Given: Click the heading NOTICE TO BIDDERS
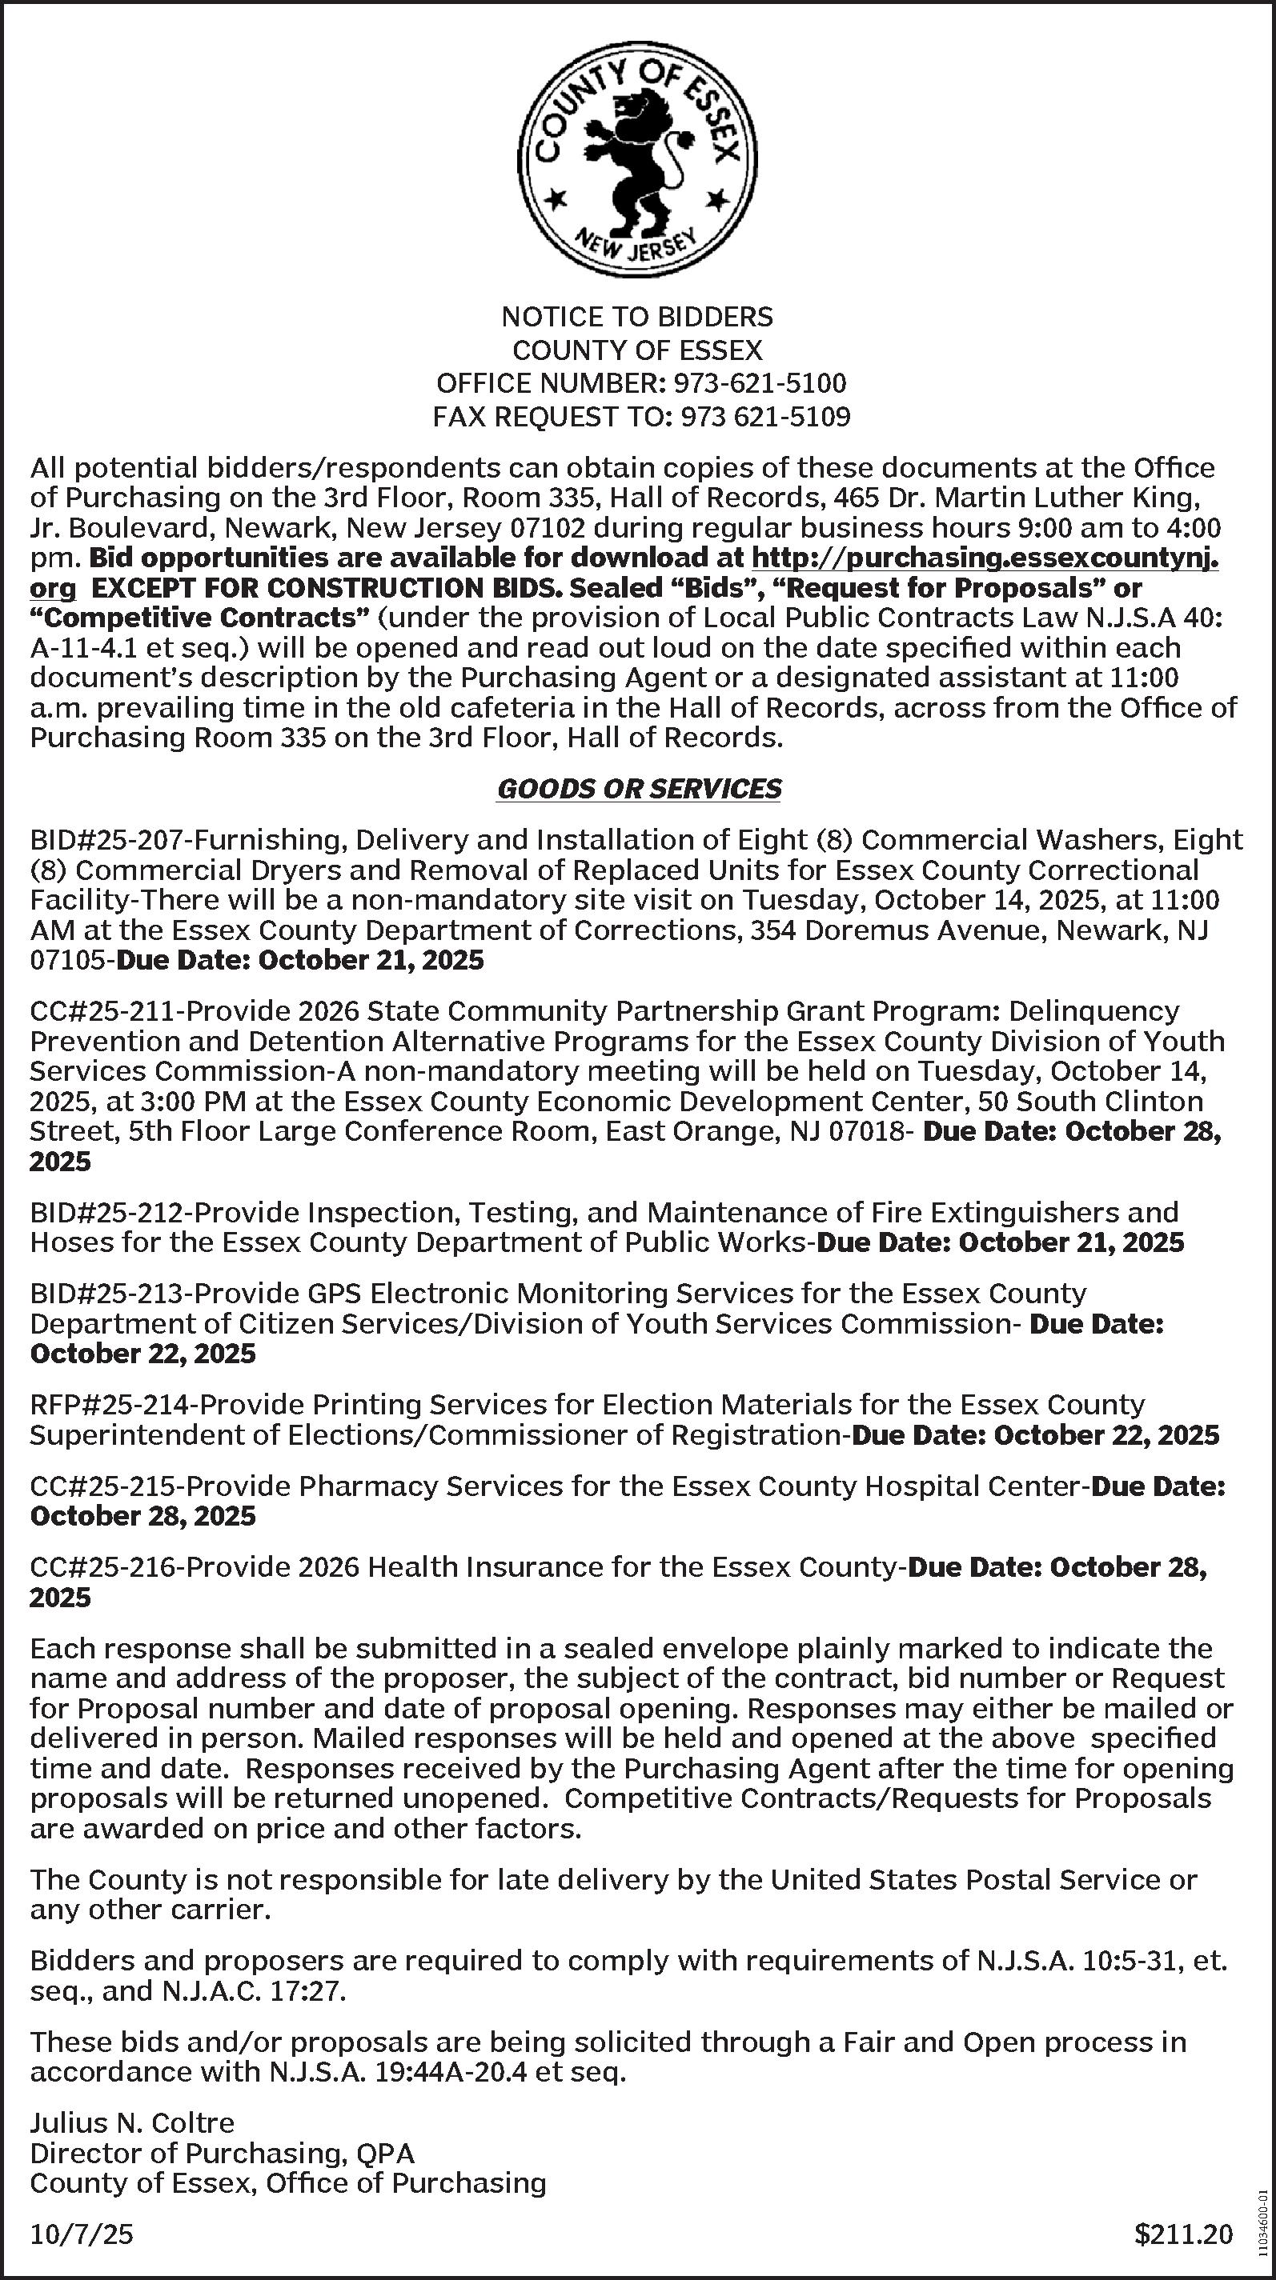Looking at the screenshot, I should pos(637,317).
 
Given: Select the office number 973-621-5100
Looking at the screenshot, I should pos(760,383).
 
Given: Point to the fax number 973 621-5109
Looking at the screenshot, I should pos(764,416).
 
